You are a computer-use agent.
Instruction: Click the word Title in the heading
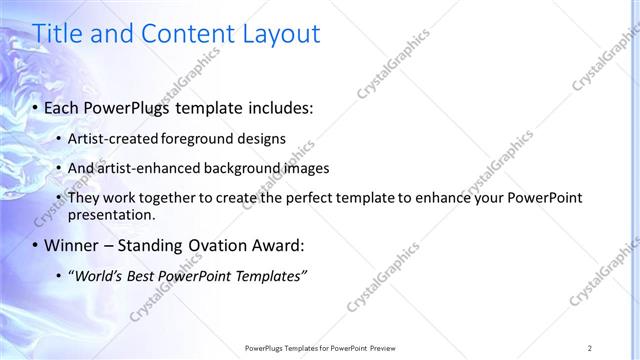(x=59, y=34)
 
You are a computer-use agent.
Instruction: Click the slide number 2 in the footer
(x=590, y=347)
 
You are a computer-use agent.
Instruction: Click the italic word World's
(x=97, y=276)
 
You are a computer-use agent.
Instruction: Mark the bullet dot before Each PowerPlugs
(x=36, y=106)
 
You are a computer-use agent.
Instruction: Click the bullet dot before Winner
(x=36, y=246)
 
